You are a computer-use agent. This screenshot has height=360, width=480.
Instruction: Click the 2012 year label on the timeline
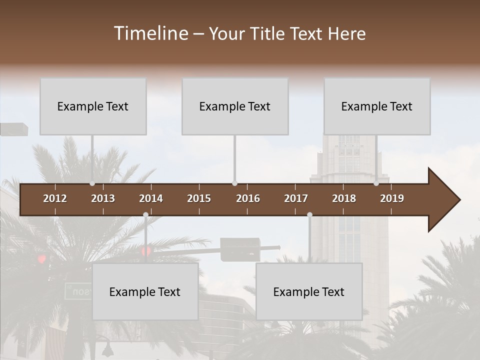pyautogui.click(x=55, y=198)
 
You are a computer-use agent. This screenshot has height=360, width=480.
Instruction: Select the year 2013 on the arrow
pyautogui.click(x=103, y=198)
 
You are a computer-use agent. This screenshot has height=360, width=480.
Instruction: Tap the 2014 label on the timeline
pyautogui.click(x=151, y=198)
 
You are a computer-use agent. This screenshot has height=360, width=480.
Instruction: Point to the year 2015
pyautogui.click(x=199, y=198)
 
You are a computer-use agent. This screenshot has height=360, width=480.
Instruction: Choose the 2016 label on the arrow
pyautogui.click(x=248, y=198)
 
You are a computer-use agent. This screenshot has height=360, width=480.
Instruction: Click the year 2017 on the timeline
pyautogui.click(x=296, y=198)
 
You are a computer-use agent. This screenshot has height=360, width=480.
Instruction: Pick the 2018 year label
pyautogui.click(x=344, y=198)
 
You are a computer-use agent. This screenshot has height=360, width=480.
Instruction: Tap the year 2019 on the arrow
pyautogui.click(x=392, y=198)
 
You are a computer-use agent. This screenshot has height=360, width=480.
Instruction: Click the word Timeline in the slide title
pyautogui.click(x=150, y=33)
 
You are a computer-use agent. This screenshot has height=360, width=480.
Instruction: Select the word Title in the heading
pyautogui.click(x=267, y=34)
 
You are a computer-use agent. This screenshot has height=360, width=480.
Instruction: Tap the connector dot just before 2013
pyautogui.click(x=92, y=183)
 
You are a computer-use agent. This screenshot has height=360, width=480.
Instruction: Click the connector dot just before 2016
pyautogui.click(x=234, y=183)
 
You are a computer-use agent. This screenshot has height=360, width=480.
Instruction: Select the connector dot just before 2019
pyautogui.click(x=376, y=183)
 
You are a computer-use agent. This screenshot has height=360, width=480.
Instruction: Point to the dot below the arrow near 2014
pyautogui.click(x=145, y=215)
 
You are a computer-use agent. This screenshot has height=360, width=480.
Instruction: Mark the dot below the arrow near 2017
pyautogui.click(x=309, y=215)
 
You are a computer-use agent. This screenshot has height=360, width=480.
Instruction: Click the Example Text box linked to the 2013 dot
pyautogui.click(x=93, y=106)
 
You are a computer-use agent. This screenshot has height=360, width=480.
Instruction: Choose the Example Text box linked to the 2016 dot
pyautogui.click(x=235, y=106)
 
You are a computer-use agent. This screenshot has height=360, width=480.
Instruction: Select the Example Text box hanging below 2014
pyautogui.click(x=145, y=291)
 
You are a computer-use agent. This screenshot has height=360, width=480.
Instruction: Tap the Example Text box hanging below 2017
pyautogui.click(x=309, y=291)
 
